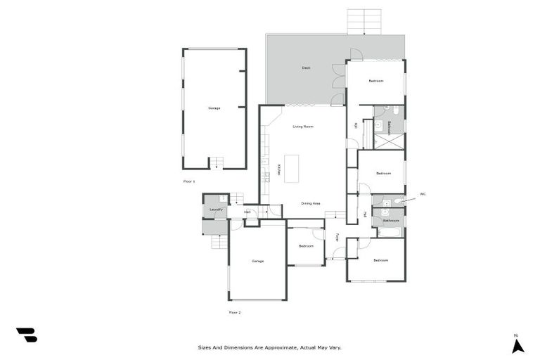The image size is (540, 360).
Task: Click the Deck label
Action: tap(306, 68)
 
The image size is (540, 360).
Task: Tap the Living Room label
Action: tap(303, 127)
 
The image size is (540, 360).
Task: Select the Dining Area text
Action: tap(311, 203)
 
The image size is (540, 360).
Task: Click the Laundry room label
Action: tap(216, 210)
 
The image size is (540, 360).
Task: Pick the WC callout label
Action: tap(423, 193)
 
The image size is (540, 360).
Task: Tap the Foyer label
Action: tap(337, 237)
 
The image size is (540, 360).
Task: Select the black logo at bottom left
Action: tap(27, 335)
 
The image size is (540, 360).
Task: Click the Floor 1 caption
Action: tap(188, 181)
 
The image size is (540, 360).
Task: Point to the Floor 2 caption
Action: tap(235, 312)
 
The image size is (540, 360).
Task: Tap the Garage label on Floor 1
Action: tap(214, 108)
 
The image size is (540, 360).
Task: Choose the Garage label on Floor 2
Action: tap(257, 261)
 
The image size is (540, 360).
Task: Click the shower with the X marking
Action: tap(389, 141)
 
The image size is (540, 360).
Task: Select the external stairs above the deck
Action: tap(364, 21)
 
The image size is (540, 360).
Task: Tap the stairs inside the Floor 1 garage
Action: tap(217, 163)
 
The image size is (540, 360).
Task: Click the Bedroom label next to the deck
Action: tap(376, 81)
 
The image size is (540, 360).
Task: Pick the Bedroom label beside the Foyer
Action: tap(305, 246)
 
